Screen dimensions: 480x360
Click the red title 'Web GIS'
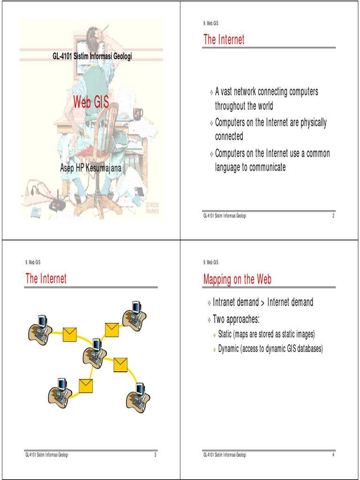point(91,102)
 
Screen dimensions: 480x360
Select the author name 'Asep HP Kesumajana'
point(91,167)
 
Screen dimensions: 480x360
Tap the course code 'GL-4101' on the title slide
point(62,56)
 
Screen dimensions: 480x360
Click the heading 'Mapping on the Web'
point(237,280)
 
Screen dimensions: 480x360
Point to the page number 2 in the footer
point(333,216)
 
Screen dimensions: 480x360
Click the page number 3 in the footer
point(155,455)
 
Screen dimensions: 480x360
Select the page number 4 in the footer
point(333,455)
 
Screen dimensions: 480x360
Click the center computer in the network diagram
point(95,352)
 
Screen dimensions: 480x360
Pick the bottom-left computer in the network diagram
point(60,392)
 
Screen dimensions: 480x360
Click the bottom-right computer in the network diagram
point(138,397)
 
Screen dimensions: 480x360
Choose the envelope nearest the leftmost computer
point(70,334)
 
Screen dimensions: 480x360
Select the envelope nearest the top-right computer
point(112,330)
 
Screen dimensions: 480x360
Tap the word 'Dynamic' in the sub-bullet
point(231,349)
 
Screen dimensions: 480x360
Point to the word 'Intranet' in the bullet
point(227,302)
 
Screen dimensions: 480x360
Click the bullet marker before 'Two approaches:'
point(209,320)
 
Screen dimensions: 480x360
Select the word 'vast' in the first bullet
point(231,91)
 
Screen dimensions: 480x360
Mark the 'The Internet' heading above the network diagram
point(46,279)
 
